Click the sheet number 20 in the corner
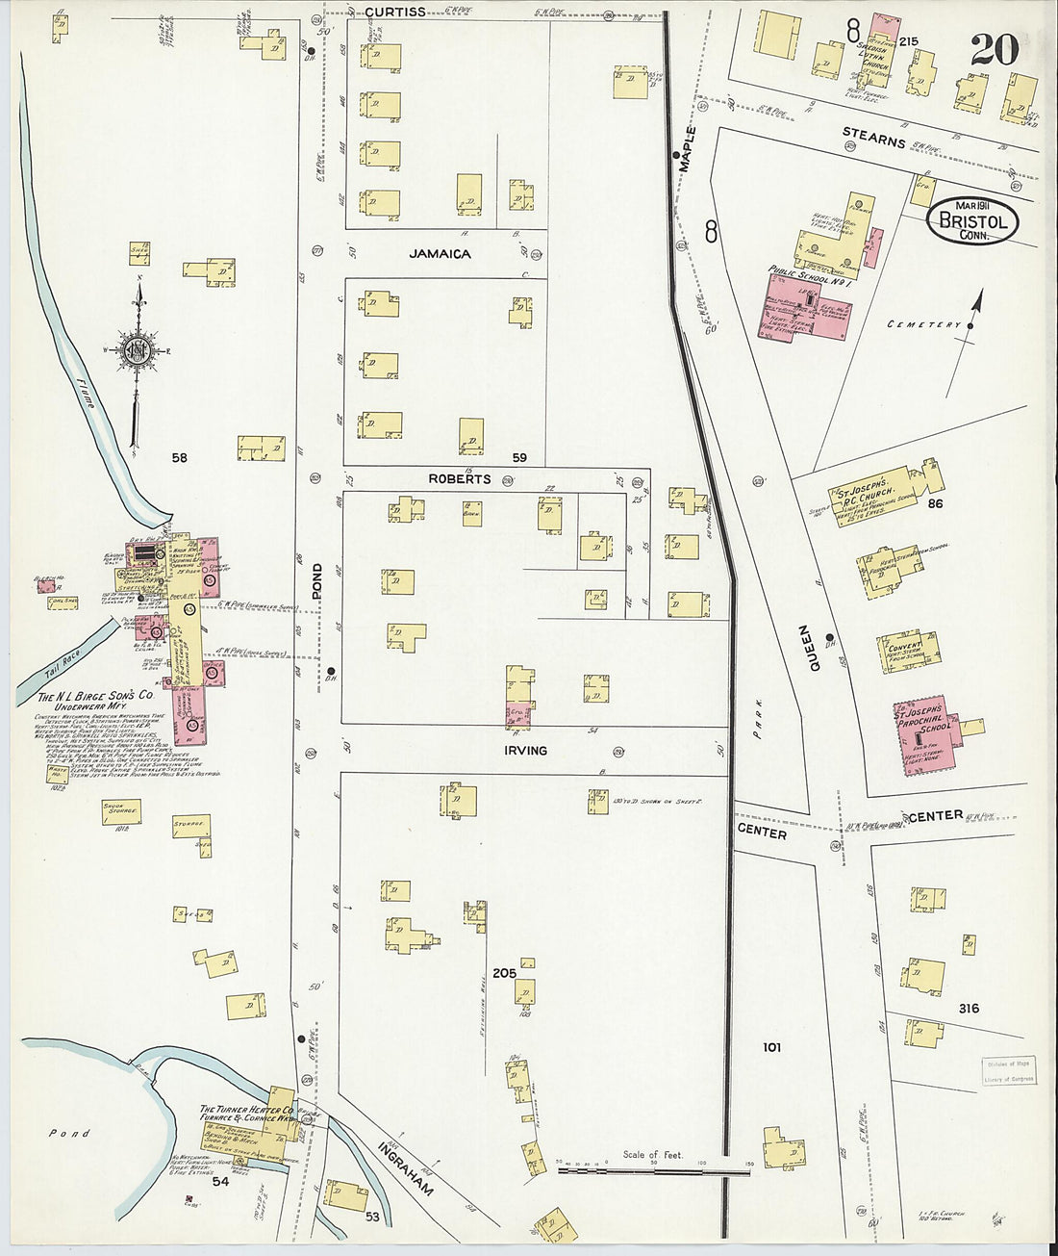(x=994, y=48)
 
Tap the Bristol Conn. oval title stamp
(x=972, y=219)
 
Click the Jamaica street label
(x=440, y=254)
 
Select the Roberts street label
(x=460, y=478)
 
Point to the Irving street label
(x=525, y=750)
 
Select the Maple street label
(x=687, y=148)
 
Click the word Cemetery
(x=923, y=325)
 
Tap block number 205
(x=504, y=973)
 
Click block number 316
(x=969, y=1008)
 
